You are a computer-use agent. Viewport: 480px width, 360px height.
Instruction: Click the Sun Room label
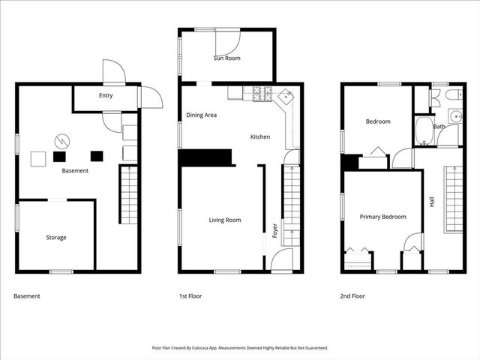pyautogui.click(x=226, y=58)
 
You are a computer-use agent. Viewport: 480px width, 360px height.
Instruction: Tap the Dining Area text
pyautogui.click(x=202, y=115)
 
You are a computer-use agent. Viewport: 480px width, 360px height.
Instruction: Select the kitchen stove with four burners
pyautogui.click(x=263, y=94)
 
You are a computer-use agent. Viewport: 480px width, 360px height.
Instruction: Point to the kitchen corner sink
pyautogui.click(x=286, y=97)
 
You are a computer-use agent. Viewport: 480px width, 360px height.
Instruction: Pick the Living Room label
pyautogui.click(x=225, y=220)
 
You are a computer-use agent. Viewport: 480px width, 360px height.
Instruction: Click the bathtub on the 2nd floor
pyautogui.click(x=422, y=130)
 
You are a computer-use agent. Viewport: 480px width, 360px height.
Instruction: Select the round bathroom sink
pyautogui.click(x=454, y=116)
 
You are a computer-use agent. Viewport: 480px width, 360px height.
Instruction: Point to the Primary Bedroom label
pyautogui.click(x=382, y=217)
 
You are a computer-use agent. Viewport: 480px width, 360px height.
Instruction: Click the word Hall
pyautogui.click(x=432, y=202)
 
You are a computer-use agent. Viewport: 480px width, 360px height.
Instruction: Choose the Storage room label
pyautogui.click(x=56, y=238)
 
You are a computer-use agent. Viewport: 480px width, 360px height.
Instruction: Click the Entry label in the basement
pyautogui.click(x=106, y=96)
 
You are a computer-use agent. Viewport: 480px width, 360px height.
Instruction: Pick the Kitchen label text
pyautogui.click(x=260, y=137)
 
